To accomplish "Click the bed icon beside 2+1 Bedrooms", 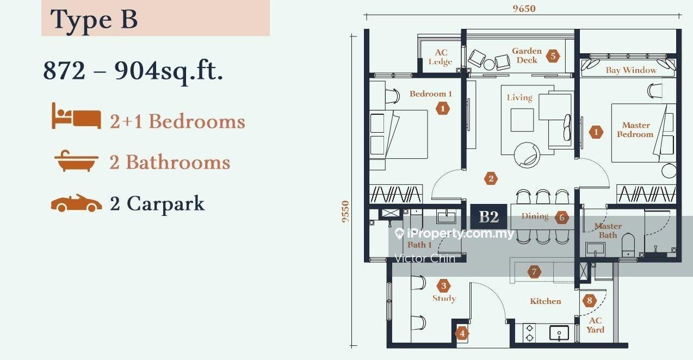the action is coord(76,116).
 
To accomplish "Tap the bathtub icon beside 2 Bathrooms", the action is coord(76,161).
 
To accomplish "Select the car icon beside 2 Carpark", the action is coord(76,203).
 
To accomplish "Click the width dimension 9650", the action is coord(524,8).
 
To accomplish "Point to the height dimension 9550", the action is coord(345,212).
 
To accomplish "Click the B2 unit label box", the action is coord(489,216).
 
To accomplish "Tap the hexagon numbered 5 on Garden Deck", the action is coord(553,56).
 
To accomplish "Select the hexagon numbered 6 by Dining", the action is coord(562,218).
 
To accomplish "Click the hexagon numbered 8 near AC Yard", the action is coord(589,300).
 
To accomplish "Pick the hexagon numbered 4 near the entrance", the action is coord(462,333).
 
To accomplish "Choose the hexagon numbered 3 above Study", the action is coord(444,286).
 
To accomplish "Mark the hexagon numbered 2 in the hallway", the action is coord(491,178).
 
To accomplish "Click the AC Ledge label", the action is coord(441,57).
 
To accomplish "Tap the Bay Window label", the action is coord(631,70).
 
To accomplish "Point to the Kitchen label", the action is coord(546,301).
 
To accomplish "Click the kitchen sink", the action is coord(559,333).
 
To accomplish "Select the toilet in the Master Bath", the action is coord(628,245).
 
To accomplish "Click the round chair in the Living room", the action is coord(527,155).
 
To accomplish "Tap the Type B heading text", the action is coord(94,20).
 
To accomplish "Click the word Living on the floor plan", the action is coord(519,98).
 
